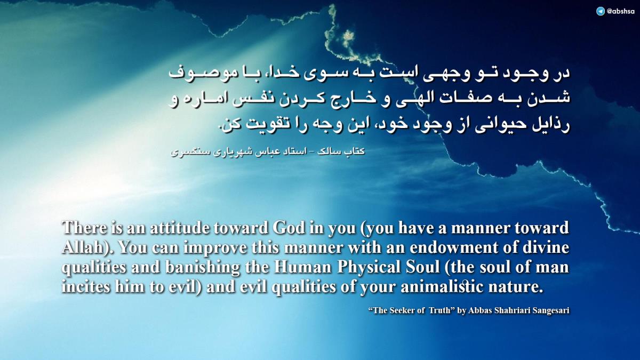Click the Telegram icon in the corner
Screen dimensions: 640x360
(x=601, y=11)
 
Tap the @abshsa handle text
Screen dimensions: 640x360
(x=620, y=11)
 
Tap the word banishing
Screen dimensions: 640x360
(x=202, y=267)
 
